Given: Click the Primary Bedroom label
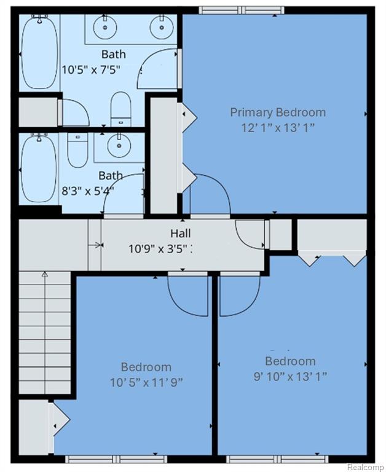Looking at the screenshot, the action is (x=278, y=112).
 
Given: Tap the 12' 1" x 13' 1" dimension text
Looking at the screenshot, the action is (x=278, y=128).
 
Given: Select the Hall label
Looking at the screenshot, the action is (x=180, y=233).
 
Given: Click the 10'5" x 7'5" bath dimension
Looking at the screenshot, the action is (x=91, y=70).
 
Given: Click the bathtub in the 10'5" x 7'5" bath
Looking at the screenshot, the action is (x=39, y=53).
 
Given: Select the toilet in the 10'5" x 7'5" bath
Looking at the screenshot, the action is (x=120, y=109).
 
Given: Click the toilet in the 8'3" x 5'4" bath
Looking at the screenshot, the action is (x=77, y=150).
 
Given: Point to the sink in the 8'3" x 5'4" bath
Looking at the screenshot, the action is (x=119, y=146).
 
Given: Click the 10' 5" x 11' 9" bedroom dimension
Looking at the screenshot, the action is (x=146, y=383).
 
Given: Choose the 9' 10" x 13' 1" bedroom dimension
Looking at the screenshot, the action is (x=290, y=376).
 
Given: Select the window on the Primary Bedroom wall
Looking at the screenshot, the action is (x=242, y=10).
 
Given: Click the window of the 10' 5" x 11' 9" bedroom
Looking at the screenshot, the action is (x=116, y=459).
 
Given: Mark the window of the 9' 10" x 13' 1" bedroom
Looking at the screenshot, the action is (x=277, y=459).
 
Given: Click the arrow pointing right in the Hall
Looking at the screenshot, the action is (x=96, y=245).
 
